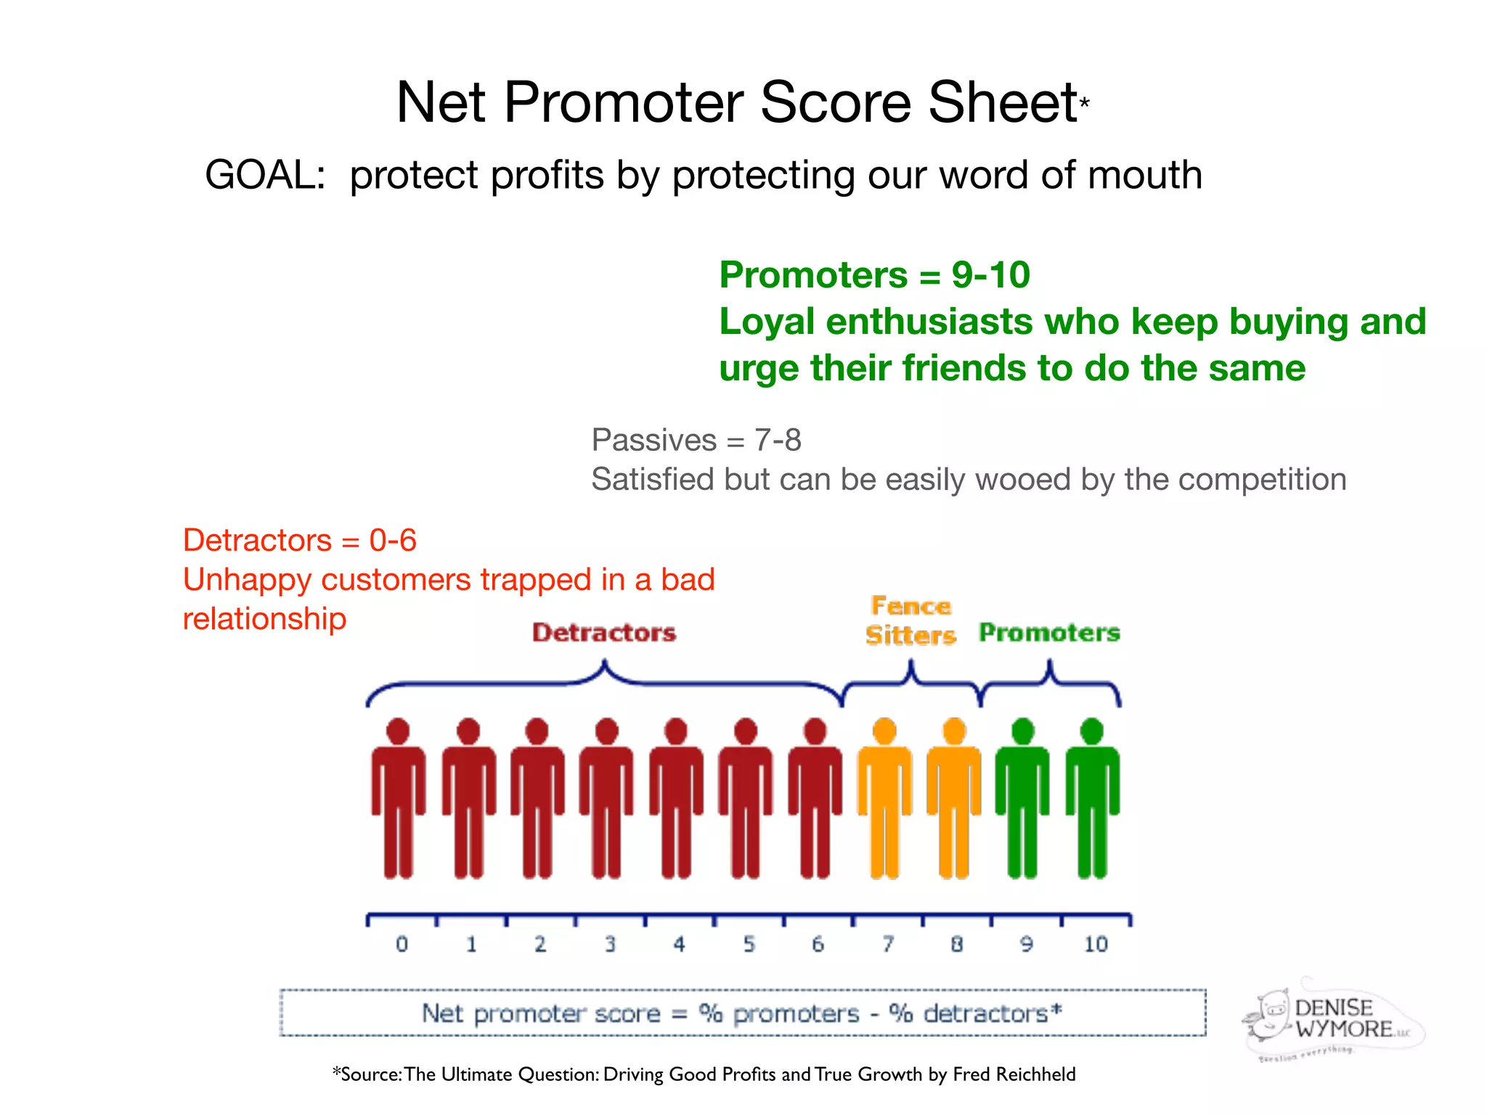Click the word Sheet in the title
point(1002,102)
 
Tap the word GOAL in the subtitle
point(265,175)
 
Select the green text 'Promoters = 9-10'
point(874,275)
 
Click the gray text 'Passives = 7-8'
point(696,440)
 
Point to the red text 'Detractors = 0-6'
point(299,540)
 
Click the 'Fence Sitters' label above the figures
point(910,621)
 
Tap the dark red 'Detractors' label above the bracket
point(604,632)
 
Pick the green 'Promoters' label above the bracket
point(1049,632)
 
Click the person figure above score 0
point(398,799)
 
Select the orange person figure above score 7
point(884,799)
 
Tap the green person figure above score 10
point(1092,799)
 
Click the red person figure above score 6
point(815,799)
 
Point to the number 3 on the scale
point(610,944)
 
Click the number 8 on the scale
point(956,944)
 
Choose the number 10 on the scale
point(1096,944)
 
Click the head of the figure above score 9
point(1023,731)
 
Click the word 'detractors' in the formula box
point(985,1013)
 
